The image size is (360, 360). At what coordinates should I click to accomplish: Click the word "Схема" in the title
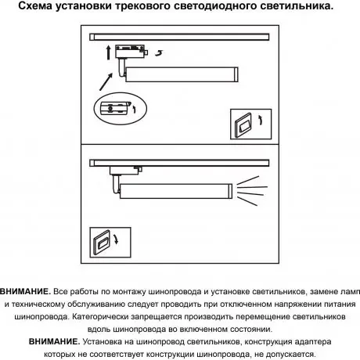point(34,5)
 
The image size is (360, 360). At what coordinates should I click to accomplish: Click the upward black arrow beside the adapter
point(109,52)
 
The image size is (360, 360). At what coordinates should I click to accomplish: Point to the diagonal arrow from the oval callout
point(106,82)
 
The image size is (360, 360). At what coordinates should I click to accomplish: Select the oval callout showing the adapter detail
point(121,108)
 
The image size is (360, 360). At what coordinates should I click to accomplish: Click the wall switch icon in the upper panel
point(250,124)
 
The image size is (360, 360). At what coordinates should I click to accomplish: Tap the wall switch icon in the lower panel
point(110,243)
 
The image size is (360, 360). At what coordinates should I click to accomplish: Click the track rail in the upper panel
point(179,37)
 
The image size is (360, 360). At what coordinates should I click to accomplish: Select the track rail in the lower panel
point(179,163)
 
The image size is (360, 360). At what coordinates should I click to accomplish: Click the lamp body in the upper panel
point(182,74)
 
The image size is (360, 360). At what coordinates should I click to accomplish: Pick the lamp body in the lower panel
point(176,191)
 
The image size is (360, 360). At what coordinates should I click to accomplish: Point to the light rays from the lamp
point(252,191)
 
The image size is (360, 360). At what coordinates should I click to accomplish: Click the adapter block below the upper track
point(130,52)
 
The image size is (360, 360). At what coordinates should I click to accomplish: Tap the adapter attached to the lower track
point(125,170)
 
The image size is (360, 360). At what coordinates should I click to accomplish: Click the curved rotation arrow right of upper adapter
point(159,53)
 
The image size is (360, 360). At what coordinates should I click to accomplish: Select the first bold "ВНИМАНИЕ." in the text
point(25,291)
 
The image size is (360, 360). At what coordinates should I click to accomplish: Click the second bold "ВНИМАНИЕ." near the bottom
point(54,342)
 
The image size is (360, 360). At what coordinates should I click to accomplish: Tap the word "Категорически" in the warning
point(100,317)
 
